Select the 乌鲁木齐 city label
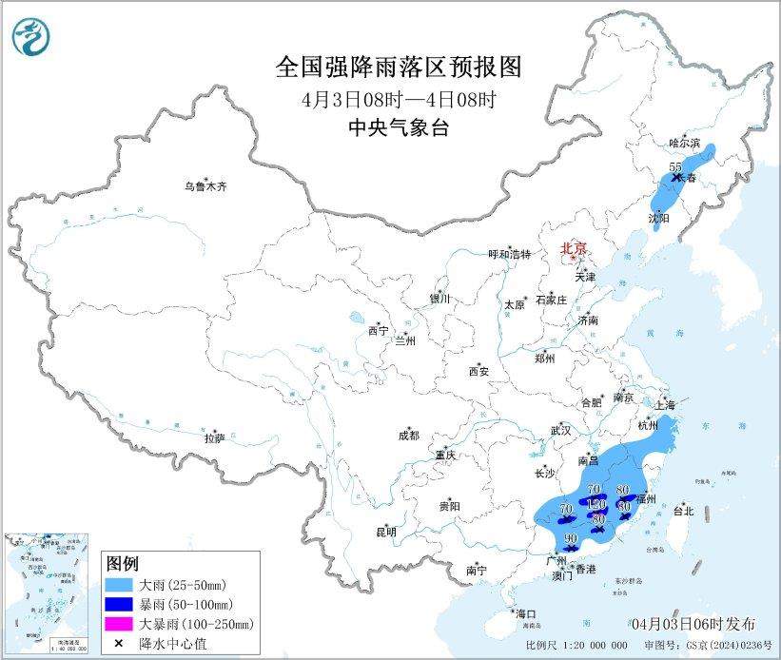(206, 186)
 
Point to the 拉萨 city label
(214, 437)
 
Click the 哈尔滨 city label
(683, 142)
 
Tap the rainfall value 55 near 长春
(675, 167)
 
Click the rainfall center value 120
(596, 503)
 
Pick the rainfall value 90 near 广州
(571, 539)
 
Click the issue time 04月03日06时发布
(693, 623)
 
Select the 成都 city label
(409, 436)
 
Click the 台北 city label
(683, 511)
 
